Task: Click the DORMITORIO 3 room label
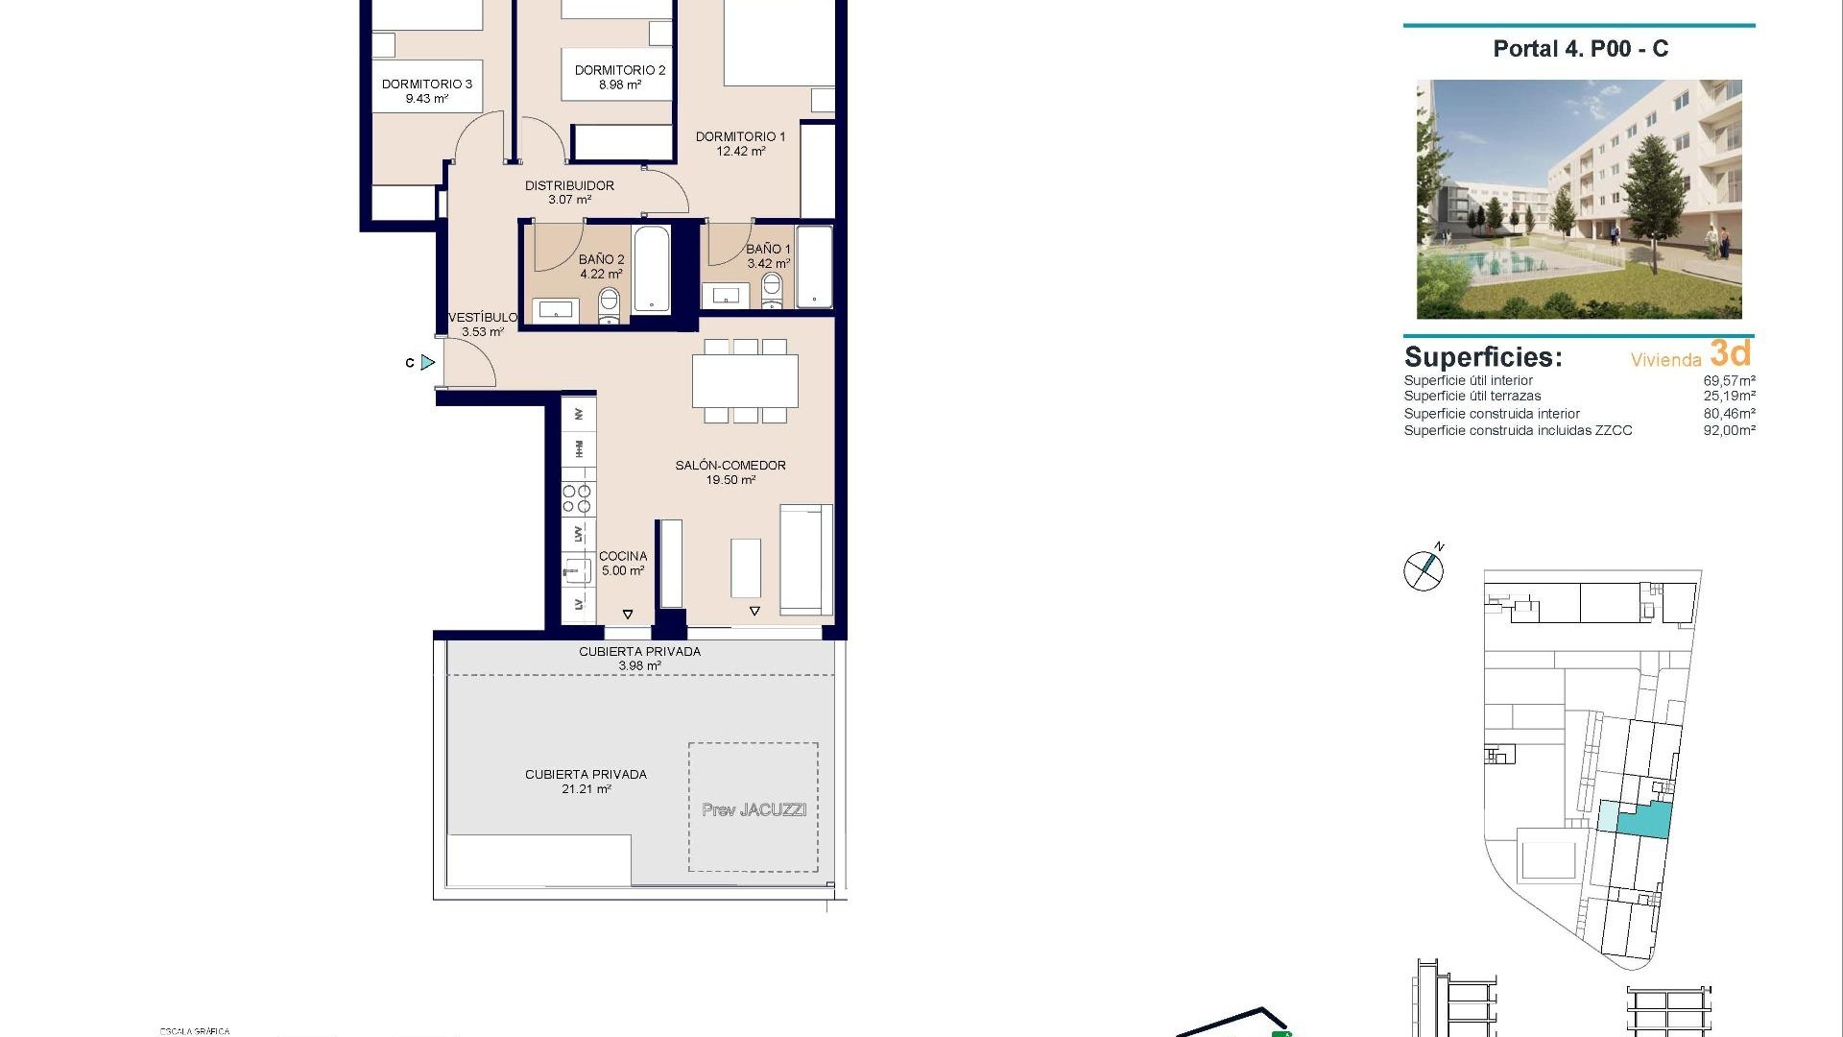pyautogui.click(x=427, y=84)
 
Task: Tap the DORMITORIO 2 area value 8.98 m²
pyautogui.click(x=620, y=84)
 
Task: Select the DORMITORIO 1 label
pyautogui.click(x=740, y=136)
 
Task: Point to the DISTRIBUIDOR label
pyautogui.click(x=569, y=185)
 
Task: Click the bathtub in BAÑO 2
pyautogui.click(x=652, y=269)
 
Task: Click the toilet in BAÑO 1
pyautogui.click(x=772, y=289)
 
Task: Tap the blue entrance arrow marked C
pyautogui.click(x=427, y=362)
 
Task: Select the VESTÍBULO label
pyautogui.click(x=482, y=318)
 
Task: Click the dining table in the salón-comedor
pyautogui.click(x=745, y=381)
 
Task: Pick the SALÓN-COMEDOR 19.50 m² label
pyautogui.click(x=730, y=472)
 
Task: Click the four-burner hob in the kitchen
pyautogui.click(x=577, y=498)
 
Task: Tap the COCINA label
pyautogui.click(x=623, y=556)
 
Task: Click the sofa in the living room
pyautogui.click(x=805, y=560)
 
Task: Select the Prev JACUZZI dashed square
pyautogui.click(x=754, y=808)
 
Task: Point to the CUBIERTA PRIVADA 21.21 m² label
pyautogui.click(x=586, y=781)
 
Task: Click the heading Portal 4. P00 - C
pyautogui.click(x=1580, y=49)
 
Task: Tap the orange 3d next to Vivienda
pyautogui.click(x=1730, y=353)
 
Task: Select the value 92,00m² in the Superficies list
pyautogui.click(x=1729, y=431)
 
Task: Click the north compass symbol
pyautogui.click(x=1424, y=570)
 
